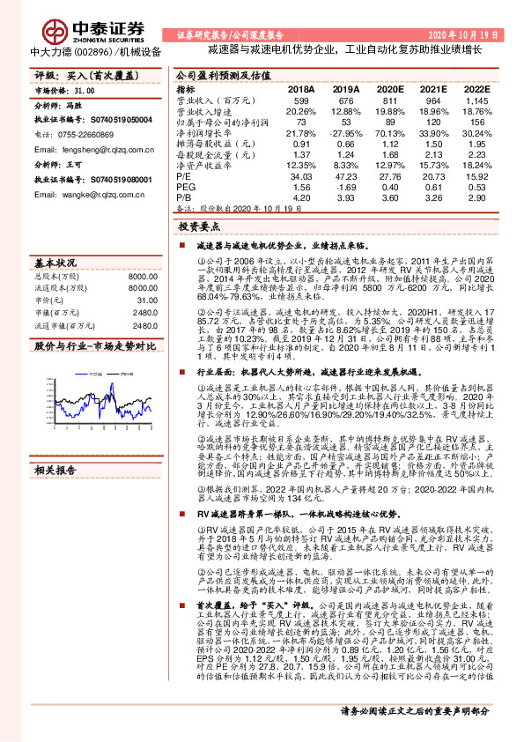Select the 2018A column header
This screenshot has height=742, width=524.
[301, 89]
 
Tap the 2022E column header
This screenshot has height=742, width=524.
[476, 89]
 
